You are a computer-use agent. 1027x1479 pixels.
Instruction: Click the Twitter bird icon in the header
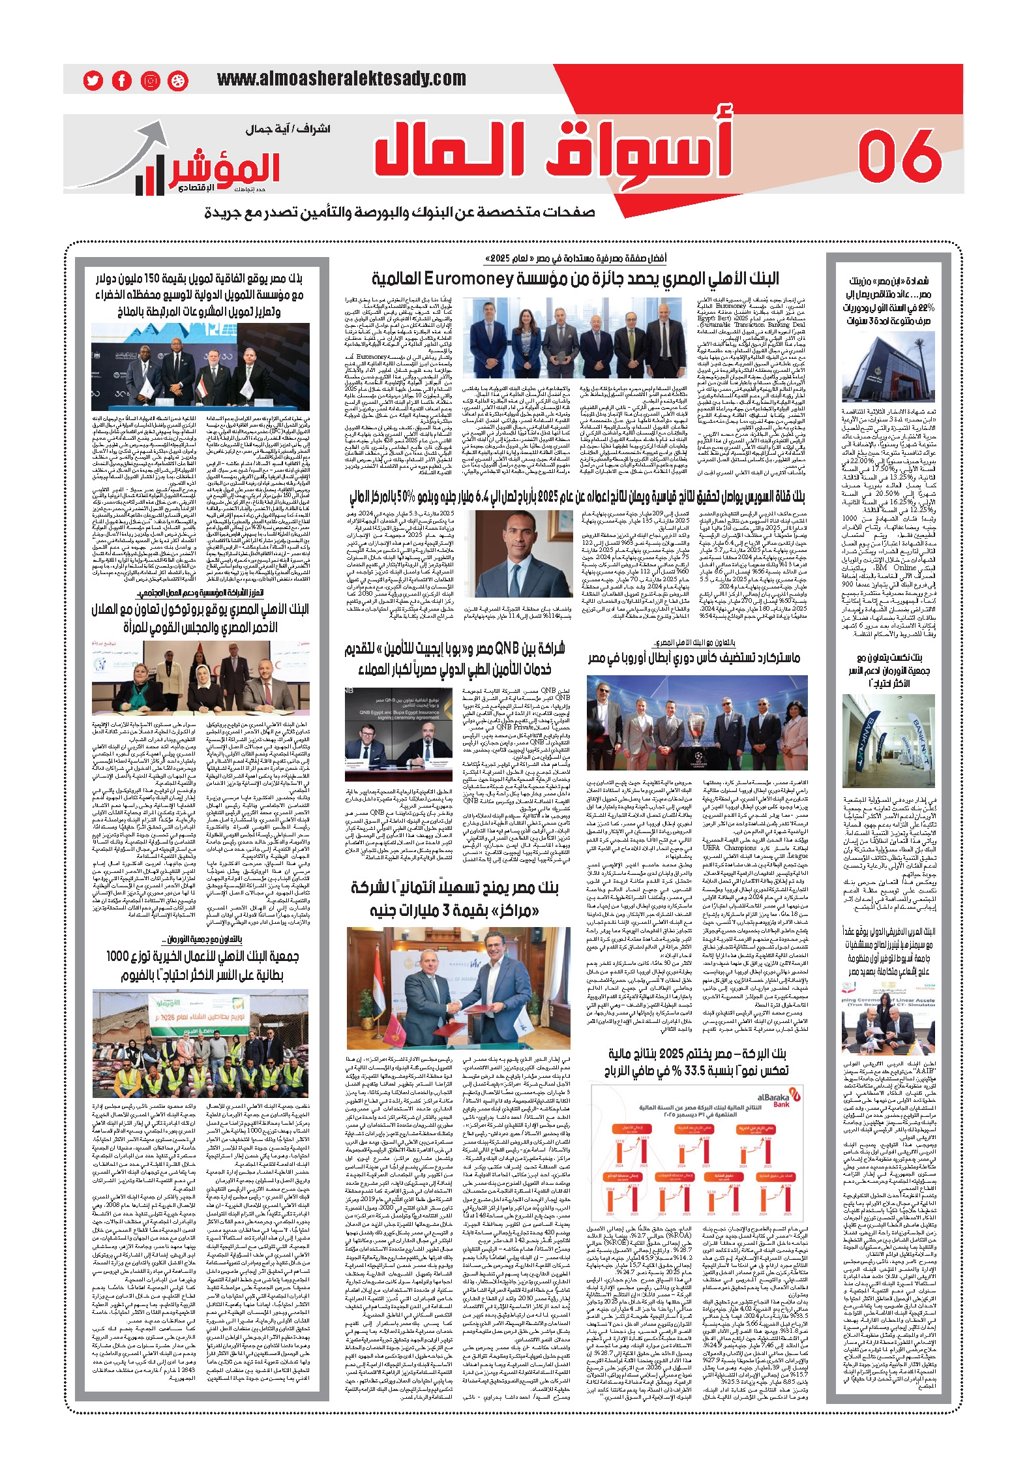[x=93, y=80]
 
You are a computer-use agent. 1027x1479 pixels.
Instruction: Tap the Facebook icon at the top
[x=122, y=80]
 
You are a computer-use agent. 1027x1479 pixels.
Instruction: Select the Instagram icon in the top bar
[x=151, y=80]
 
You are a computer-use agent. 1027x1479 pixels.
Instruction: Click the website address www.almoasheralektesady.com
[x=341, y=80]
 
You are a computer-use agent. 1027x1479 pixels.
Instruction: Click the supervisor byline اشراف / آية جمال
[x=288, y=129]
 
